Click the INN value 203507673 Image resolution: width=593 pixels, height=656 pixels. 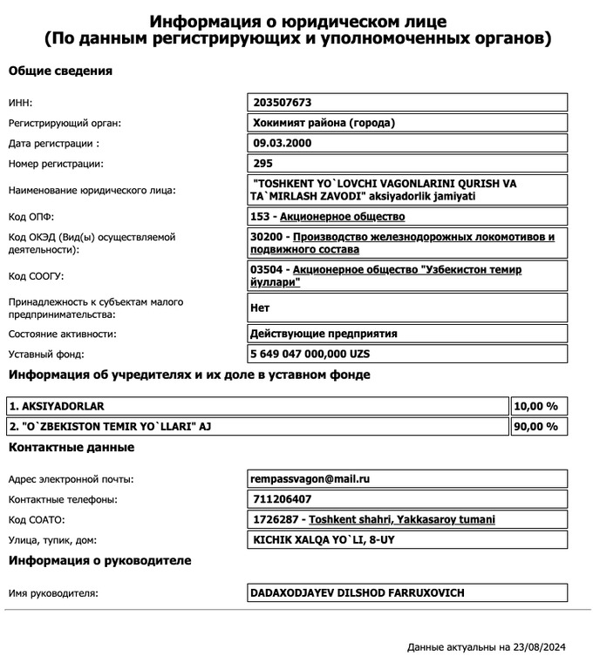click(x=282, y=102)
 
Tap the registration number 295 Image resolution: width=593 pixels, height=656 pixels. click(x=262, y=163)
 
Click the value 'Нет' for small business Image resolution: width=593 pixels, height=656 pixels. click(x=260, y=308)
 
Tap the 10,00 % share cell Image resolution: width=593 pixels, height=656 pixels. click(x=538, y=406)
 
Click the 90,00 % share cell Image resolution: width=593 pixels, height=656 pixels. click(x=538, y=426)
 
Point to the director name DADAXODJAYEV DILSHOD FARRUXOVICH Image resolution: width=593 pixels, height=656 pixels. click(x=358, y=593)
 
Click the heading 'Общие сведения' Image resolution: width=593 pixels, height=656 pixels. click(x=60, y=71)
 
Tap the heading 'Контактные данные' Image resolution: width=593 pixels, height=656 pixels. click(x=72, y=447)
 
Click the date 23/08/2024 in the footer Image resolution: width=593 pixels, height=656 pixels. click(x=539, y=647)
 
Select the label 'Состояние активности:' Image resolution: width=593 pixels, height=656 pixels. click(x=62, y=334)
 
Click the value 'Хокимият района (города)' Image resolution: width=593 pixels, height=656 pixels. click(x=324, y=123)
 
